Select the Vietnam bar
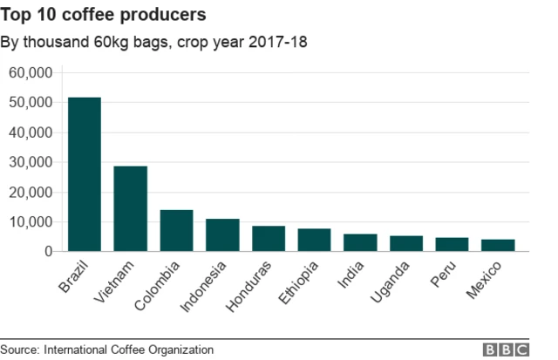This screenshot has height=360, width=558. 131,208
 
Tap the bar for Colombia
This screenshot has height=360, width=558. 176,230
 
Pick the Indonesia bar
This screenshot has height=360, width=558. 222,235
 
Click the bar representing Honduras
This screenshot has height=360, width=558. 268,239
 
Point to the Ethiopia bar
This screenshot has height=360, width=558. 314,240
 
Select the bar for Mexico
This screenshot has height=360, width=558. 497,245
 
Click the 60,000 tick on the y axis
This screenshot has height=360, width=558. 31,72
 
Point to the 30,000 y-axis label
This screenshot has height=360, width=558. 31,162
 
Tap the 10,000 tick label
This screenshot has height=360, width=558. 31,221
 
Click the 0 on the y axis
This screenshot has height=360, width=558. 49,251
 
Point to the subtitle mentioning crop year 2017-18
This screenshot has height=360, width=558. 153,42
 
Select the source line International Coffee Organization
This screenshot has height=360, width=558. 106,350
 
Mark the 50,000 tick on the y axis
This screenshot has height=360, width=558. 31,102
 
